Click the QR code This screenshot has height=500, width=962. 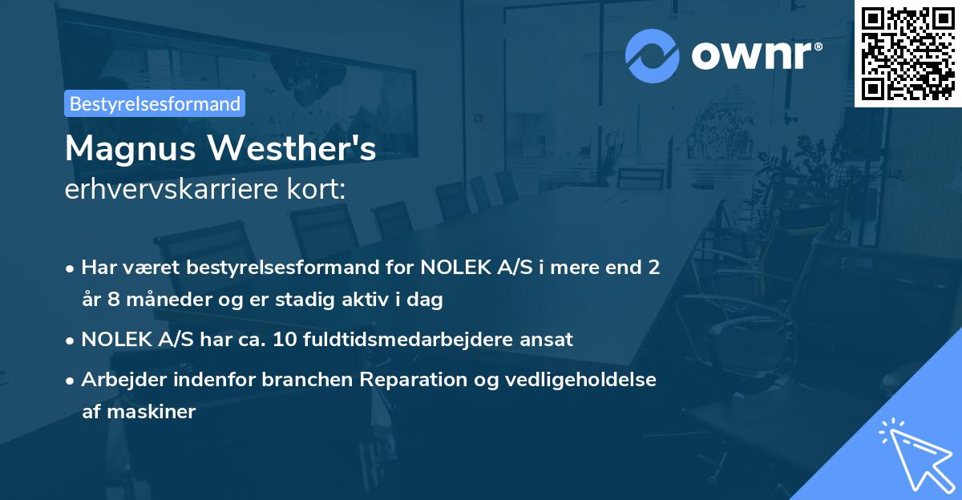907,53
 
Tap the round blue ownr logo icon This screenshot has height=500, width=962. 653,55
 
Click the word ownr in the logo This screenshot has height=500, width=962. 754,56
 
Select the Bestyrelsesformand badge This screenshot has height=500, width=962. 155,103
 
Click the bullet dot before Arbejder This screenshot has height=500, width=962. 71,381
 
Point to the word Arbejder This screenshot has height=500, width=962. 119,380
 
